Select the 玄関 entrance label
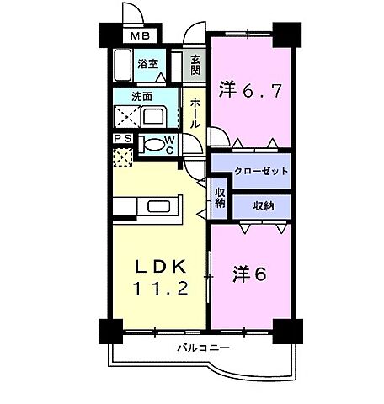tap(195, 65)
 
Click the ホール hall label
tap(195, 111)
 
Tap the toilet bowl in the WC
tap(152, 143)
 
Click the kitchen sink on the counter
tap(159, 206)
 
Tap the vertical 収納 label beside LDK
tap(220, 199)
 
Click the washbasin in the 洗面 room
tap(156, 115)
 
